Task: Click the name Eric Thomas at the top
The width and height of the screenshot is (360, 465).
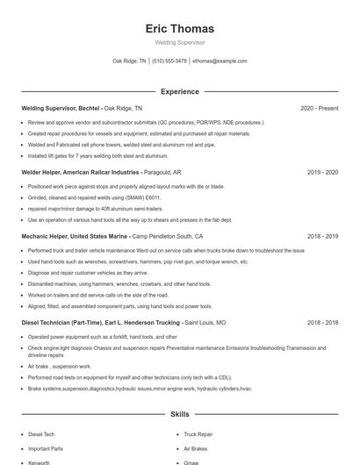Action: pyautogui.click(x=179, y=28)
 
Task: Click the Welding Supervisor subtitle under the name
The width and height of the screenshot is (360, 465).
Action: pyautogui.click(x=179, y=42)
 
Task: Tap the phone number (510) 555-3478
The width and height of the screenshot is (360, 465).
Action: pyautogui.click(x=169, y=61)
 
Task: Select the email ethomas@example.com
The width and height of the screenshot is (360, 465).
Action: pyautogui.click(x=220, y=61)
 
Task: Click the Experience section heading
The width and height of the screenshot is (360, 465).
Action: pyautogui.click(x=179, y=91)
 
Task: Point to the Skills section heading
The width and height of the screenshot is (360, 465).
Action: pyautogui.click(x=179, y=413)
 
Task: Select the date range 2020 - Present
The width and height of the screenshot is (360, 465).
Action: pyautogui.click(x=319, y=108)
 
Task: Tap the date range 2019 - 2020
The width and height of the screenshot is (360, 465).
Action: pyautogui.click(x=322, y=173)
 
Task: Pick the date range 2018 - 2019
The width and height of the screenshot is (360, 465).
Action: pyautogui.click(x=322, y=237)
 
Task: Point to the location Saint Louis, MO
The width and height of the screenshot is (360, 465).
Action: pyautogui.click(x=205, y=323)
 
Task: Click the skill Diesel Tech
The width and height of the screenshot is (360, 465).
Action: pyautogui.click(x=41, y=434)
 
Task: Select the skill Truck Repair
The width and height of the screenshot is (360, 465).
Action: pyautogui.click(x=198, y=434)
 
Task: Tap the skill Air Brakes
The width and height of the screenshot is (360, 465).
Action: pyautogui.click(x=195, y=448)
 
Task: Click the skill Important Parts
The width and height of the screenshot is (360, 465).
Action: pyautogui.click(x=46, y=448)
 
